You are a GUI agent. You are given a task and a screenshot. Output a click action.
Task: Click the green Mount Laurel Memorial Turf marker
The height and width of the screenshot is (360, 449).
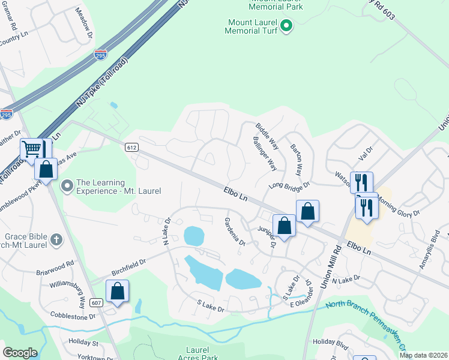coord(286,25)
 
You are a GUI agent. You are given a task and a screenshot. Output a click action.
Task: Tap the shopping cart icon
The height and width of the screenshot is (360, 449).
coord(32,149)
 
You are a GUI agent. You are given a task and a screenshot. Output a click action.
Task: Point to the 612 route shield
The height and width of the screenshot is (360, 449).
coord(132,147)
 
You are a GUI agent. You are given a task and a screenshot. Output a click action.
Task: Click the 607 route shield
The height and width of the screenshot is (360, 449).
coord(97,302)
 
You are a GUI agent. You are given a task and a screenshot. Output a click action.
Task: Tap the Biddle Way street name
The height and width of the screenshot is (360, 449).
coord(267,137)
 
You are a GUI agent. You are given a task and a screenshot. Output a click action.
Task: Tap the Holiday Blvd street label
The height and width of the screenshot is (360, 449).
coord(331,343)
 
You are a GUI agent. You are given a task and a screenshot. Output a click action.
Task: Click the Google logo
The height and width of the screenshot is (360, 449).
coord(20,353)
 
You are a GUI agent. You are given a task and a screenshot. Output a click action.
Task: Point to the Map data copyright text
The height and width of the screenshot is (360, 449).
coord(423,355)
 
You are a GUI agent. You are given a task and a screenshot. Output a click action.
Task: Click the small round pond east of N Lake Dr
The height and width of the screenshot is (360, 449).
coord(193,236)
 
